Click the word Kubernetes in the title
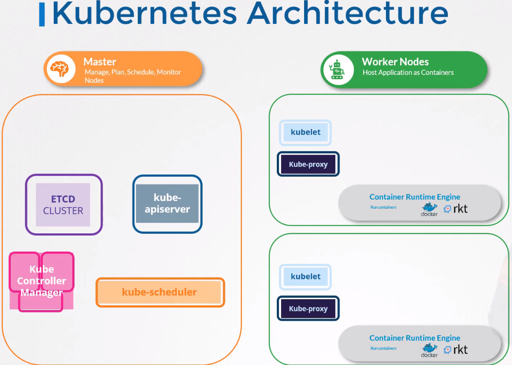pos(144,13)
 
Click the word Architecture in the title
pos(348,13)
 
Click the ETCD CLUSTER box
pos(63,205)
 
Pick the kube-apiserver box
pos(167,203)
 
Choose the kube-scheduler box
pos(160,292)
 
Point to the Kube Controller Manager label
pos(42,281)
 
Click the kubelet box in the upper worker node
pos(305,132)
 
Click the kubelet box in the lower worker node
pos(305,277)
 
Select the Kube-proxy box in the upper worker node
pos(308,165)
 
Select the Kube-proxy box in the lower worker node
pos(308,309)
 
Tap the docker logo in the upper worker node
pos(429,209)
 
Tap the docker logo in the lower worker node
pos(429,350)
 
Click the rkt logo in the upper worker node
pos(456,209)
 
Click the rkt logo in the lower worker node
pos(456,350)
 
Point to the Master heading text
pos(100,62)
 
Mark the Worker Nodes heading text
pos(395,62)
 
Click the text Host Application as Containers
pos(408,73)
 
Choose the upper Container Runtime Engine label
pos(415,197)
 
